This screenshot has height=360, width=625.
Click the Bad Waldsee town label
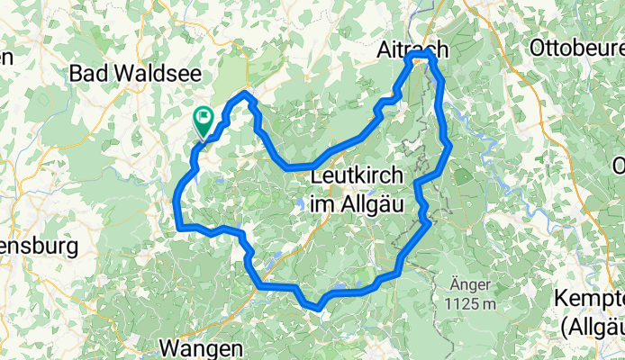click(x=138, y=71)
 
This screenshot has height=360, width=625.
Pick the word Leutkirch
click(x=359, y=178)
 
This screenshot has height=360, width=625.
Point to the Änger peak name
click(x=469, y=284)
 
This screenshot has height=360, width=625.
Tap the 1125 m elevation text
click(x=469, y=303)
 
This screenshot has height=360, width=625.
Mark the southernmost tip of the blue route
click(x=318, y=309)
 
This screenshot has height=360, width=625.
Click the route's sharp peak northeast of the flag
click(x=246, y=94)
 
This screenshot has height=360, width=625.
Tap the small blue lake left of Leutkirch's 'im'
click(x=301, y=204)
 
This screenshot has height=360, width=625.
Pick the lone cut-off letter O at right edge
click(x=619, y=166)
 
